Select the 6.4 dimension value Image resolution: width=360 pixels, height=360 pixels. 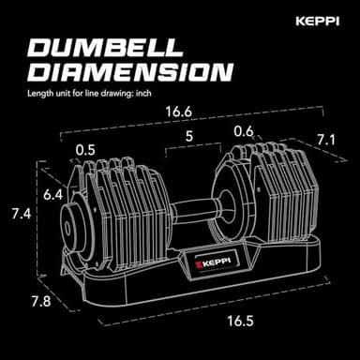point(54,195)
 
